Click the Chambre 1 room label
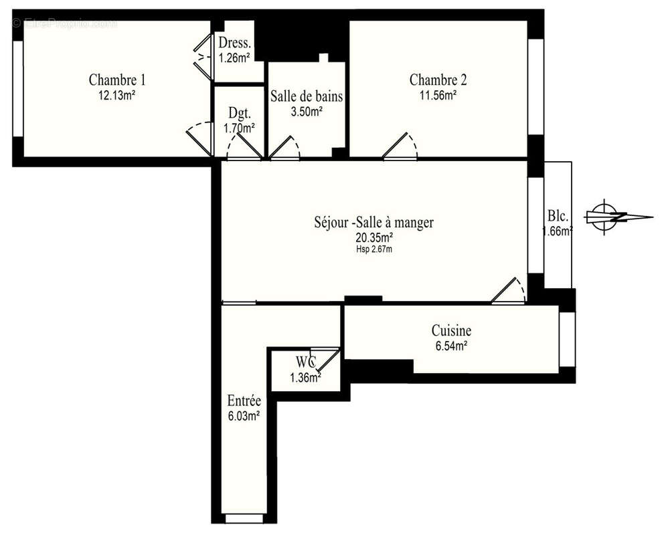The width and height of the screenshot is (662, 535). pos(117,80)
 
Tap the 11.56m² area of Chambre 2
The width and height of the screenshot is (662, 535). pos(438,96)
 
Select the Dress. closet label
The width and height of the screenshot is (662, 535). pos(235,43)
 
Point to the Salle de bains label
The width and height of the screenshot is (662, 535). pos(307,96)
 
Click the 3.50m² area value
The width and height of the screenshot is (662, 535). pos(307,112)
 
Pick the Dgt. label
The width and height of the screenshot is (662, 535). pos(240,112)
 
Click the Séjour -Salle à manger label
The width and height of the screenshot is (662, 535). pos(374,222)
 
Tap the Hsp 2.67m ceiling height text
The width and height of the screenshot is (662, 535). pos(374,249)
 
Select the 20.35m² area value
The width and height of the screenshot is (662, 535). pos(374,237)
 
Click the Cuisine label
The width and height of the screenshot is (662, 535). pos(451,330)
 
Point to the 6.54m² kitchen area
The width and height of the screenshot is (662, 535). pos(451,346)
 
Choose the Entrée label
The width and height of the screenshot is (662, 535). pos(244,400)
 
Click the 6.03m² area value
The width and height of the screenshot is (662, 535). pos(244,417)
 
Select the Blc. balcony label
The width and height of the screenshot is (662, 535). pos(558,216)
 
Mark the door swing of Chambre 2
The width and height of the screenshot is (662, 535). pos(400,146)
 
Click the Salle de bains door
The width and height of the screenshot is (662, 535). pos(284,148)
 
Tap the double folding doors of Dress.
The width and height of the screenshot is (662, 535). pos(202,57)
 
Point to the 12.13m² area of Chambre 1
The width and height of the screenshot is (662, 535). pos(117,96)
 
